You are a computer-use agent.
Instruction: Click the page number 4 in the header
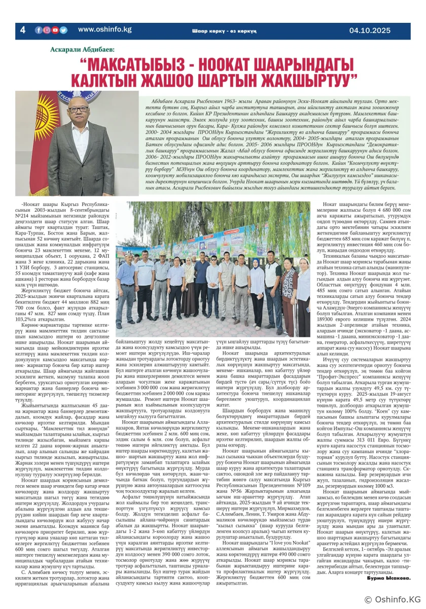[x=22, y=30]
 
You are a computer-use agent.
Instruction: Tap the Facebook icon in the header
[x=39, y=30]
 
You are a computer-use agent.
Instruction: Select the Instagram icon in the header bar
[x=47, y=30]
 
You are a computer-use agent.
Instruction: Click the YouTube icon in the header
[x=55, y=30]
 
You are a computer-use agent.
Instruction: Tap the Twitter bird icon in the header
[x=63, y=30]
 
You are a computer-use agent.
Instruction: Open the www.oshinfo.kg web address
[x=104, y=30]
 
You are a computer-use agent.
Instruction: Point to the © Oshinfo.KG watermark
[x=393, y=599]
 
